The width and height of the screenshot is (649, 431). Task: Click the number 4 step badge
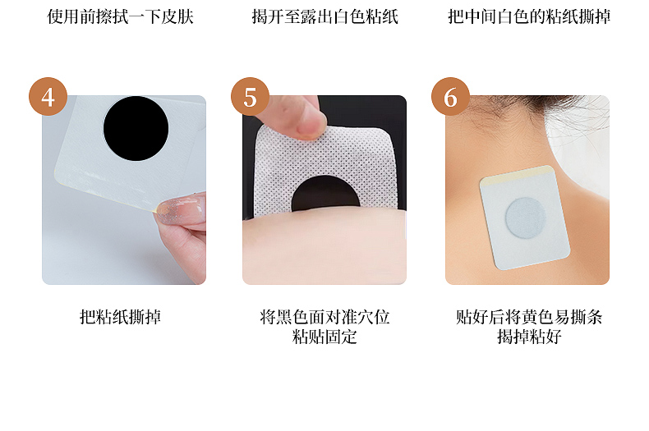click(48, 96)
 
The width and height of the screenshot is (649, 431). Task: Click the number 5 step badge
click(250, 96)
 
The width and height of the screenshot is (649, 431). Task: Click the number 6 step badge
click(450, 96)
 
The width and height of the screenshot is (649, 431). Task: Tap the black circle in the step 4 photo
click(136, 129)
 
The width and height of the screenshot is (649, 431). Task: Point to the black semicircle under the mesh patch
click(325, 195)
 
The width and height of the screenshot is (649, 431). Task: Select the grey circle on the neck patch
click(526, 218)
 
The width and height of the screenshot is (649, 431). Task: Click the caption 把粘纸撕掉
click(120, 317)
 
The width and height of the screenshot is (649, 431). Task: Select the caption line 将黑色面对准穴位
click(324, 317)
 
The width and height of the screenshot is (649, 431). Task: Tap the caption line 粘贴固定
click(324, 337)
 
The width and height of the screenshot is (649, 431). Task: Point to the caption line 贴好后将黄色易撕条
click(529, 317)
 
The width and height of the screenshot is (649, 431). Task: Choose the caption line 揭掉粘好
click(529, 337)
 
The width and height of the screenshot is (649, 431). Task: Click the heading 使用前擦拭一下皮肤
click(120, 17)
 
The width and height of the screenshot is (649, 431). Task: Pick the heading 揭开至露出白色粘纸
click(325, 17)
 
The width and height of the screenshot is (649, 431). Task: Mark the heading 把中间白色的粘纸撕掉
click(529, 17)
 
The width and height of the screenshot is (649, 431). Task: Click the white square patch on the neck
click(525, 218)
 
